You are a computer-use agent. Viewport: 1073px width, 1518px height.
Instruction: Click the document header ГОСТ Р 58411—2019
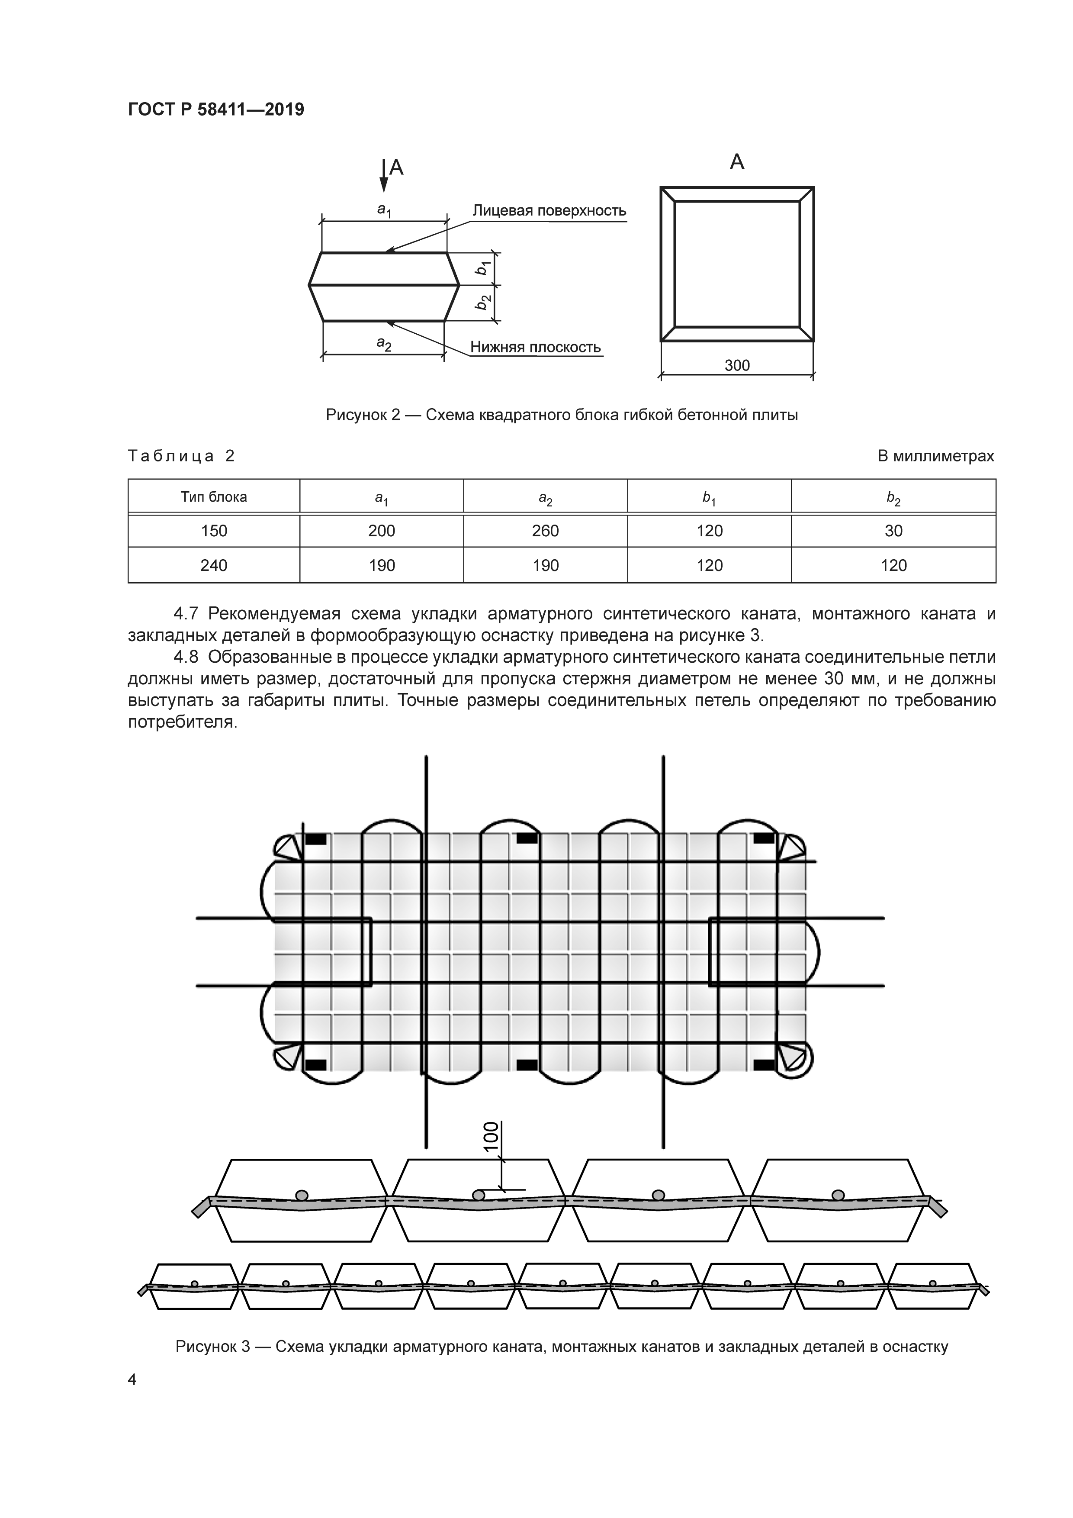click(215, 110)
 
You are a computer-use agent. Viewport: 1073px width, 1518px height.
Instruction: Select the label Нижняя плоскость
click(535, 348)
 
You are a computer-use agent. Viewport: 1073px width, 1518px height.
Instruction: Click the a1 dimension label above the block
click(384, 210)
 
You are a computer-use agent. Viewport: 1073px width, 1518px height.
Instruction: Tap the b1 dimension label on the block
click(484, 268)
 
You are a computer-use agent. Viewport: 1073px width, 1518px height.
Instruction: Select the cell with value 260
click(545, 531)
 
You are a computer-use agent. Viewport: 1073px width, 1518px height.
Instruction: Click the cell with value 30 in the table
click(893, 531)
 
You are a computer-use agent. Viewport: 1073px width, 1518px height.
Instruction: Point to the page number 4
click(132, 1380)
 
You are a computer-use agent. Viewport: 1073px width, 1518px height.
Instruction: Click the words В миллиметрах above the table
click(935, 456)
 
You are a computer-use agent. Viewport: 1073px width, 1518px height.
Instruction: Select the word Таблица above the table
click(171, 456)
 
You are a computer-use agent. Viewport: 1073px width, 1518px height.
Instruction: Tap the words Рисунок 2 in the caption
click(363, 415)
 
